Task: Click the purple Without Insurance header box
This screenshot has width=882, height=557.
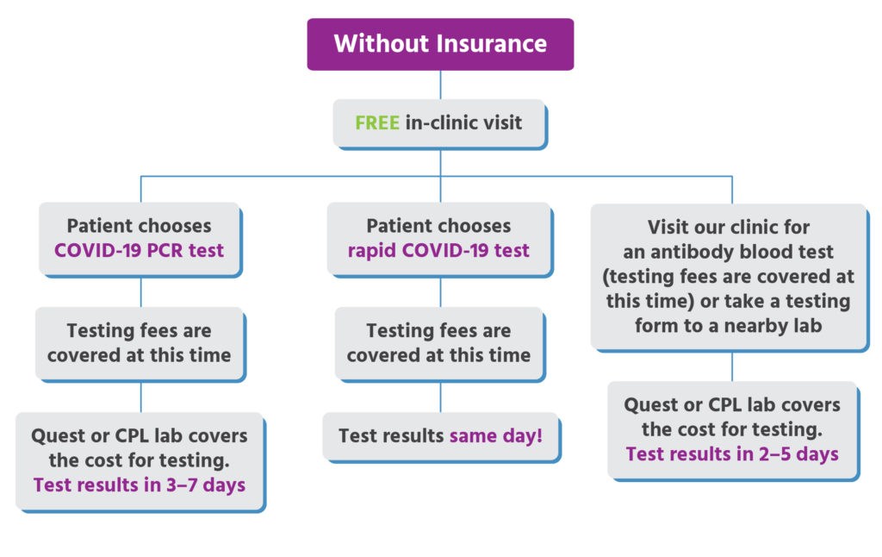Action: pyautogui.click(x=440, y=44)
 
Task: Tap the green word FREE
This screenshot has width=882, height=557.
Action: pyautogui.click(x=377, y=122)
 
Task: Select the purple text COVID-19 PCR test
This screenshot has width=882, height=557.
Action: pyautogui.click(x=139, y=250)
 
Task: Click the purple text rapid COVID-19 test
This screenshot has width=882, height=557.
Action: pyautogui.click(x=438, y=250)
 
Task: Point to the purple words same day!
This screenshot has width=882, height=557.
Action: pyautogui.click(x=495, y=435)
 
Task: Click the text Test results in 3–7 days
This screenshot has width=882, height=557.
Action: pyautogui.click(x=139, y=485)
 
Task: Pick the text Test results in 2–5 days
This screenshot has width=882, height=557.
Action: pyautogui.click(x=732, y=454)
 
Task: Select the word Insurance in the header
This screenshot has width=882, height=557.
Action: pyautogui.click(x=491, y=43)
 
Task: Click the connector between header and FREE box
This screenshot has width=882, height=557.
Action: pyautogui.click(x=440, y=85)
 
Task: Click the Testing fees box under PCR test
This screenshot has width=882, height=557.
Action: pyautogui.click(x=140, y=343)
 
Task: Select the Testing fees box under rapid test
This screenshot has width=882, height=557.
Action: pyautogui.click(x=439, y=343)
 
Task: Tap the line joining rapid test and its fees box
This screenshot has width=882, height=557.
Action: pyautogui.click(x=440, y=292)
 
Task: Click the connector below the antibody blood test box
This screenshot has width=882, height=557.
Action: pyautogui.click(x=732, y=366)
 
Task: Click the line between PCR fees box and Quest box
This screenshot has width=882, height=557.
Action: pyautogui.click(x=140, y=397)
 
